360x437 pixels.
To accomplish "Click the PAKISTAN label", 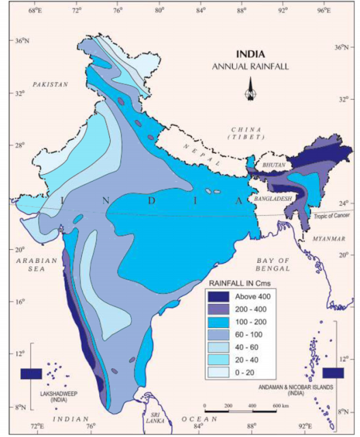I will (51, 85).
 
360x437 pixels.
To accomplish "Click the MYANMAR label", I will (329, 238).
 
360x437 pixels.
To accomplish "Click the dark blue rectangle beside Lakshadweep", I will (31, 373).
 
